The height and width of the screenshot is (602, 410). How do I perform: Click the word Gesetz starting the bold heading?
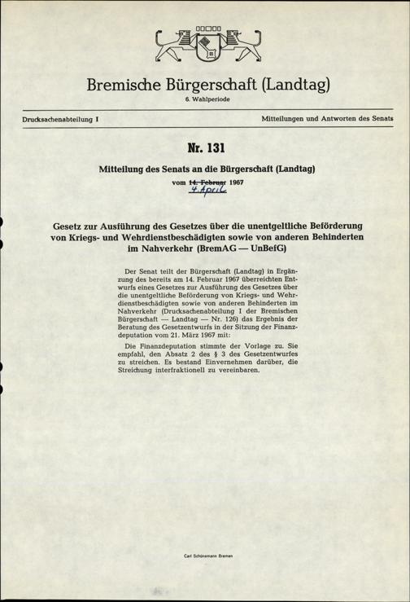(73, 224)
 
